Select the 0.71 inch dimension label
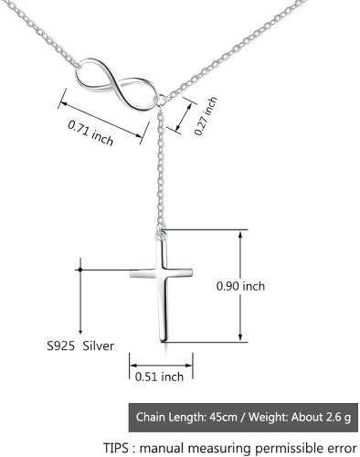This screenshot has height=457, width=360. [90, 133]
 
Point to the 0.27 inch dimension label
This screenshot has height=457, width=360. [206, 116]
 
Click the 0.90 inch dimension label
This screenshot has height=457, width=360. [240, 286]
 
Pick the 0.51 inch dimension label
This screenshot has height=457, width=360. [159, 377]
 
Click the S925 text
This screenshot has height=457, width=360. [60, 345]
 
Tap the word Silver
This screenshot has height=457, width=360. [99, 345]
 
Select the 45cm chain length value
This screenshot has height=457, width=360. [223, 417]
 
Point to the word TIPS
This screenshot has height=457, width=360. [116, 448]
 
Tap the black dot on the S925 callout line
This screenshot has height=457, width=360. [80, 270]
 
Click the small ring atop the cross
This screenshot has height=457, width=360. [161, 235]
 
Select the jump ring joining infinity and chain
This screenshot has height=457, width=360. [160, 100]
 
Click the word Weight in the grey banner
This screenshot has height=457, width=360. [268, 417]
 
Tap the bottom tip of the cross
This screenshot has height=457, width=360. [164, 341]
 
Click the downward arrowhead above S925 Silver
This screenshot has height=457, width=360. [80, 332]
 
